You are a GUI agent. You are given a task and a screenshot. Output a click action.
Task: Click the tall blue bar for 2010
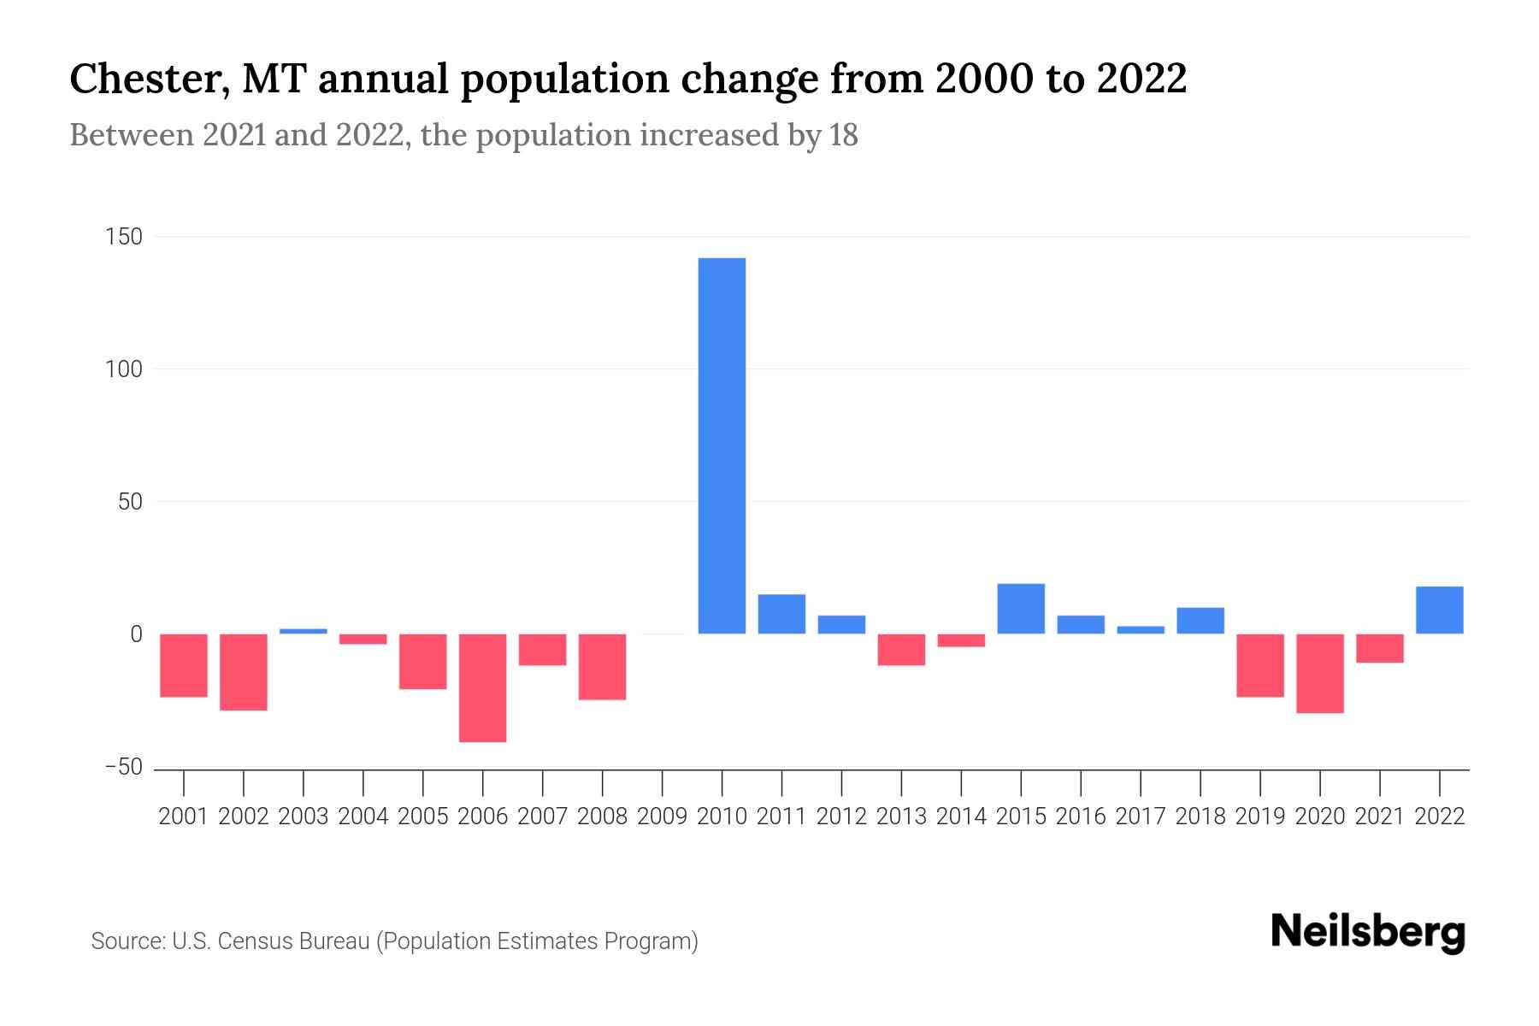(x=722, y=445)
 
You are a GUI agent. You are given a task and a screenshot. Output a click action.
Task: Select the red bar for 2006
(x=482, y=687)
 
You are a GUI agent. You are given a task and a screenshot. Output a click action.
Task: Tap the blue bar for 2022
(x=1439, y=610)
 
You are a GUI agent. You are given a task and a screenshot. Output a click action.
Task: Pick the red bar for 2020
(x=1319, y=673)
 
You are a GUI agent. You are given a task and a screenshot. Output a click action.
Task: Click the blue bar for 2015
(x=1021, y=608)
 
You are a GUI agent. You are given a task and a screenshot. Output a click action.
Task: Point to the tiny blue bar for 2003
(x=303, y=631)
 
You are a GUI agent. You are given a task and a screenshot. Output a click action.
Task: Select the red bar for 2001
(x=183, y=665)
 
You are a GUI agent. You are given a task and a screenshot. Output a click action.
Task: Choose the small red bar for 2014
(x=961, y=640)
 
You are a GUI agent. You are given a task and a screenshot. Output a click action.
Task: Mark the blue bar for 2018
(x=1200, y=620)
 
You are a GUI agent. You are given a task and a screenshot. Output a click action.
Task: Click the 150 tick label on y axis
(x=123, y=237)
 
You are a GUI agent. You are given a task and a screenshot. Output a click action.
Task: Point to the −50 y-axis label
(x=123, y=768)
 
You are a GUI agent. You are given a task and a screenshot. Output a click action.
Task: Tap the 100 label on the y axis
(x=123, y=369)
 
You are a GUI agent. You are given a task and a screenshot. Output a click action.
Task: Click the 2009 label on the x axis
(x=662, y=817)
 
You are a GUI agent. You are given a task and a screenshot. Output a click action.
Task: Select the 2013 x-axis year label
(x=901, y=817)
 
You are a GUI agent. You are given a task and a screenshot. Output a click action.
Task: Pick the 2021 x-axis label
(x=1379, y=817)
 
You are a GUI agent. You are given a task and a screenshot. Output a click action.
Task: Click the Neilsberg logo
(x=1367, y=933)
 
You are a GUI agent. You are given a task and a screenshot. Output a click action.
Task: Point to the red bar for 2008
(x=602, y=667)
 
